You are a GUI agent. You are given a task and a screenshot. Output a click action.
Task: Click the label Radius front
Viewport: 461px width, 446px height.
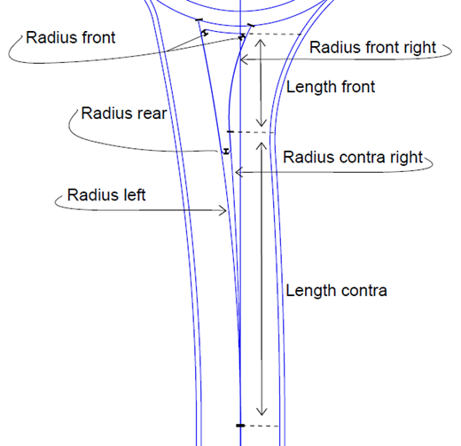[x=71, y=37]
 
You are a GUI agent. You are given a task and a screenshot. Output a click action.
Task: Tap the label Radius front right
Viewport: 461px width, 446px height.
[x=372, y=47]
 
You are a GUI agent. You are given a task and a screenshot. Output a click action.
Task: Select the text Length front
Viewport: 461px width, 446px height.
[x=331, y=87]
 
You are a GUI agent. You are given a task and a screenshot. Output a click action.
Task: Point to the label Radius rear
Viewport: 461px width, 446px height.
[x=124, y=113]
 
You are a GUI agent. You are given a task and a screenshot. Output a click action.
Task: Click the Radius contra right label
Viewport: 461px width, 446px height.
[x=353, y=157]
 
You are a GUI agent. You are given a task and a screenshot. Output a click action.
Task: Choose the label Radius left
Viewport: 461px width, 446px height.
[x=106, y=195]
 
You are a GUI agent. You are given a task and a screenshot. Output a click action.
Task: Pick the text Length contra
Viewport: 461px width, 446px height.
[x=336, y=291]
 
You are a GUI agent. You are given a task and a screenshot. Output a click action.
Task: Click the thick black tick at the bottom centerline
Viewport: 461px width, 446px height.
[x=240, y=426]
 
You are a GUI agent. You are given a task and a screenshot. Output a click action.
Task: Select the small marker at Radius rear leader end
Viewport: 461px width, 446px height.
[x=226, y=151]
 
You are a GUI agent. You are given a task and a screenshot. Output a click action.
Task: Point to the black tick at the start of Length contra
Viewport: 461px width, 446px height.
[x=230, y=131]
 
